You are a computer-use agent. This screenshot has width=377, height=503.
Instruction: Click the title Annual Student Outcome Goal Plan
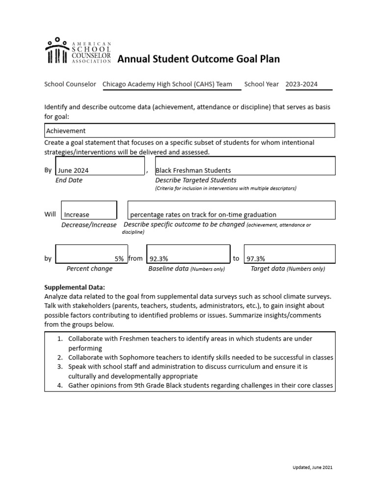click(198, 59)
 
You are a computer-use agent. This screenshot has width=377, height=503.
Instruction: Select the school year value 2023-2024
click(301, 84)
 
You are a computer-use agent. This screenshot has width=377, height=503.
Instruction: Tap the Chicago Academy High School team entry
click(167, 84)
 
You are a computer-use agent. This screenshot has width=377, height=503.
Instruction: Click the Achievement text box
click(189, 131)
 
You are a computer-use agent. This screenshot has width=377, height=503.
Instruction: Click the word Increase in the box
click(77, 215)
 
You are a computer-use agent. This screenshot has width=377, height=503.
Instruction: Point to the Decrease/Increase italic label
click(89, 225)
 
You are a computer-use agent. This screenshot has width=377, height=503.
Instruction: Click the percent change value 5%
click(119, 259)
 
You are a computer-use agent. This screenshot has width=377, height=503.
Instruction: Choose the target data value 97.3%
click(256, 259)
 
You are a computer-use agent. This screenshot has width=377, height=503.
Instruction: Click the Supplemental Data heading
click(75, 287)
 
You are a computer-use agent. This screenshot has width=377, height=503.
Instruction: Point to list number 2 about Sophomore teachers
click(200, 357)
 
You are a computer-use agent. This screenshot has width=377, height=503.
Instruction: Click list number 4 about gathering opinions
click(200, 386)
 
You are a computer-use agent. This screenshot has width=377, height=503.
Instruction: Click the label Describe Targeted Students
click(195, 180)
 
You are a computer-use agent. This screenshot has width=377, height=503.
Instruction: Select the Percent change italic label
click(89, 269)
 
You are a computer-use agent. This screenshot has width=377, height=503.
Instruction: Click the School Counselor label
click(70, 84)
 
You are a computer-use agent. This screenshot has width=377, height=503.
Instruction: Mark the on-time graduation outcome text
click(203, 215)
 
